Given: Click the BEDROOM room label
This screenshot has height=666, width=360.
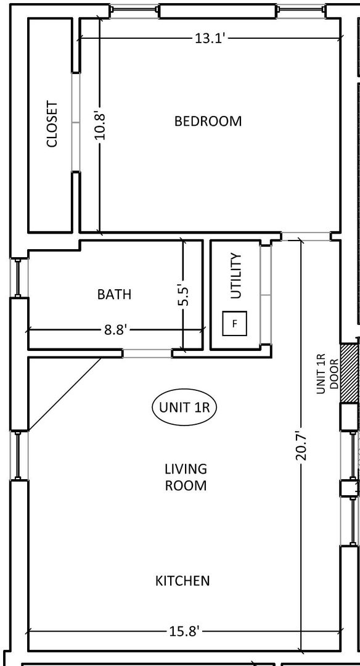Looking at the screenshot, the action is [208, 121].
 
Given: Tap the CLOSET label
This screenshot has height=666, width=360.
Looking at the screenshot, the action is [52, 123].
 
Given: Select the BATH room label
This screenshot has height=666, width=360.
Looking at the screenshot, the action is [114, 294].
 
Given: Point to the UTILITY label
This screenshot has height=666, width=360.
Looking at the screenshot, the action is [235, 276].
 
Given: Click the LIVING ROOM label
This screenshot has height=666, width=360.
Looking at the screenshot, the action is [186, 477].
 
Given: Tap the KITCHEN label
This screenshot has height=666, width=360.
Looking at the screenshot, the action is [182, 581].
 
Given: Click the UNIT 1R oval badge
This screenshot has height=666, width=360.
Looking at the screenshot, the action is [184, 408].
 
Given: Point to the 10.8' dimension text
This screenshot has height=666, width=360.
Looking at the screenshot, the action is [100, 125].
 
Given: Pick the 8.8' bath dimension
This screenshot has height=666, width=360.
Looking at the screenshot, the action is [115, 329].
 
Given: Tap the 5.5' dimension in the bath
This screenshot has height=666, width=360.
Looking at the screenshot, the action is [184, 295].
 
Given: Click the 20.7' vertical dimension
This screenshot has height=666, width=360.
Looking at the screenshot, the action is [301, 445].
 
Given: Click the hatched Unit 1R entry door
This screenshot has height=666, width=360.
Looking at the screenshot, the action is [348, 373].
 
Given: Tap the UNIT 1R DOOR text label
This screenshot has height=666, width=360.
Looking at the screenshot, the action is [328, 374].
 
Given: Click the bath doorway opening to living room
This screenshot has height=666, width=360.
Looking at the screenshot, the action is [148, 353].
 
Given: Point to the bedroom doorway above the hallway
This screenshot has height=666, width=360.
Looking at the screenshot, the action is [306, 236].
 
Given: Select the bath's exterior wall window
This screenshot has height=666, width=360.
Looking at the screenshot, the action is [18, 278].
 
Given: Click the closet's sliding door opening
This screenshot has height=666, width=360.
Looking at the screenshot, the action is [76, 122].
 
